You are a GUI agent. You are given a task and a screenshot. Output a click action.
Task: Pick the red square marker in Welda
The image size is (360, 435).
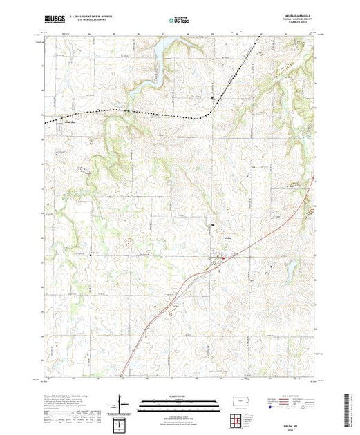coord(220,258)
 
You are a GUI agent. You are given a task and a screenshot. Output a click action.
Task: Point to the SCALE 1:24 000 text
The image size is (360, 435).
coord(179,396)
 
